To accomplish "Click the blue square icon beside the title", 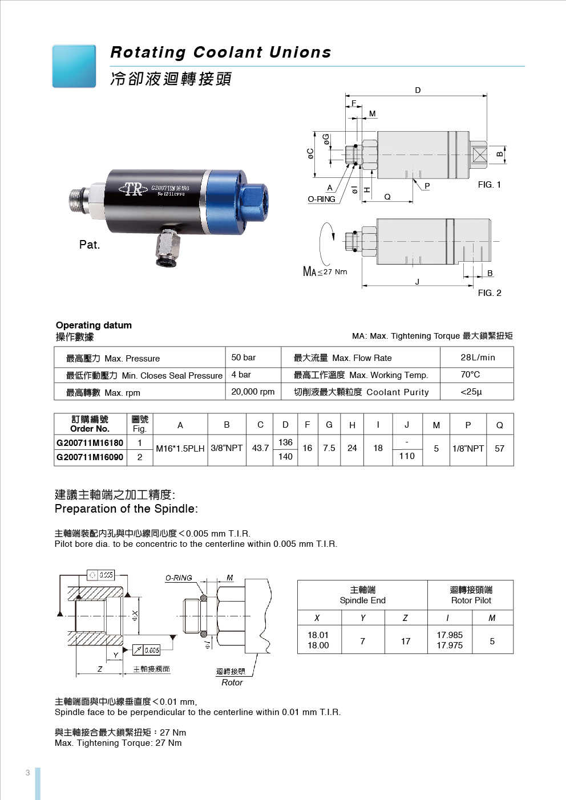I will point(74,66).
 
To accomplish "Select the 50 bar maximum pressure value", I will point(244,358).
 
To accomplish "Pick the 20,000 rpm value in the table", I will point(253,392).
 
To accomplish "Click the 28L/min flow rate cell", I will point(478,358).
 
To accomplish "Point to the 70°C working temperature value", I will point(470,375).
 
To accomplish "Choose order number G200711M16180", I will point(90,442).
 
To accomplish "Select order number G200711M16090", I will point(90,457).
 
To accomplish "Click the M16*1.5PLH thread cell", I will point(180,449).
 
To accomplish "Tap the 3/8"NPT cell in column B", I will point(227,449).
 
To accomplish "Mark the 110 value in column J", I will point(407,456).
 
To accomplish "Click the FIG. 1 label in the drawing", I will point(489,185).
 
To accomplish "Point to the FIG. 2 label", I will point(490,293).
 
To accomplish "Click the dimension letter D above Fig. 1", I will point(418,90).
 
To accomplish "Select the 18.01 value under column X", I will point(318,635).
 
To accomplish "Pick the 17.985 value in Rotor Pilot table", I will point(450,635).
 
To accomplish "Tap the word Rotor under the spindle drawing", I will point(232,683).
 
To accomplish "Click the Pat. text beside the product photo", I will point(90,245).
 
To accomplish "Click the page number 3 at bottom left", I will point(27,773).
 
